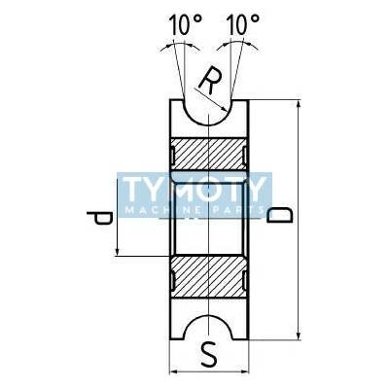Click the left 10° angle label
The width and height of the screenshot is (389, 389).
click(x=186, y=24)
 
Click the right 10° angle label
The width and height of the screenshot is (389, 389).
click(x=243, y=24)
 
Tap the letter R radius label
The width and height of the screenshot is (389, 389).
click(x=211, y=81)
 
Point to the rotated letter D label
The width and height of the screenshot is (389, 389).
click(x=279, y=215)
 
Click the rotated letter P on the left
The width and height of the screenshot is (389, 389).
click(x=99, y=218)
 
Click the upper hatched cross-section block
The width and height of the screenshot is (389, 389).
click(x=209, y=154)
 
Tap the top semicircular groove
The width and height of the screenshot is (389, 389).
click(x=209, y=124)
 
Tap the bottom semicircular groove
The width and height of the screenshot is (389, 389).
click(x=209, y=314)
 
